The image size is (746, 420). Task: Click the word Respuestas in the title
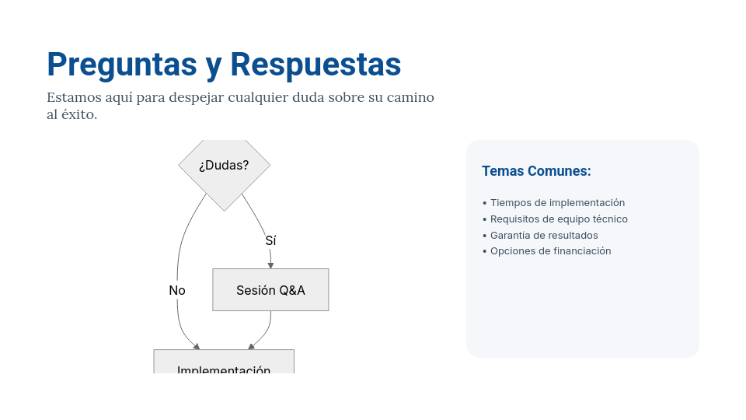(315, 65)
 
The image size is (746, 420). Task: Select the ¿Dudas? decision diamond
(224, 166)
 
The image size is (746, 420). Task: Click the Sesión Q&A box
(270, 290)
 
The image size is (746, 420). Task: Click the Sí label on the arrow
(270, 241)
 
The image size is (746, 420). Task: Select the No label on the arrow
(177, 290)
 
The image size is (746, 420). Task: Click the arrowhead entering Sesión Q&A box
(270, 264)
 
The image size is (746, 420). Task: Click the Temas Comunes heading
(536, 171)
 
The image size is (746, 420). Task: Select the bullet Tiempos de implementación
(557, 203)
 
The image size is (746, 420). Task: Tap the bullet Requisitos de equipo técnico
(559, 219)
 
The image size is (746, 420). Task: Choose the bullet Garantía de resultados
(544, 236)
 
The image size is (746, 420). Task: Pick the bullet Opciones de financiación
(550, 251)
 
